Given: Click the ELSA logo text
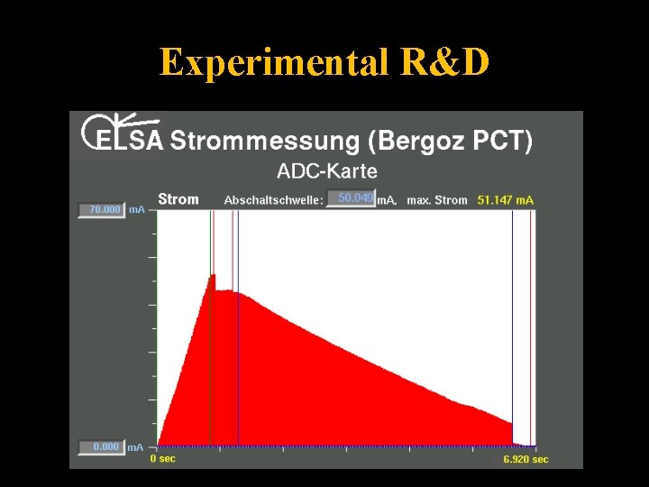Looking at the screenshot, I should click(129, 140).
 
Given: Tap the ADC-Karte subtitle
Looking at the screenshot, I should click(327, 170).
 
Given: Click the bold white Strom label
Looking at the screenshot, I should click(178, 198).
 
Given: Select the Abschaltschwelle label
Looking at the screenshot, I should click(273, 199).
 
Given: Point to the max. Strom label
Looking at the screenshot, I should click(437, 199).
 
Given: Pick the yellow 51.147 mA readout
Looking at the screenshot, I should click(506, 199).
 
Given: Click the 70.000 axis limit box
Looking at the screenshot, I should click(101, 209).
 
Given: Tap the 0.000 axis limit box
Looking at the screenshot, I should click(101, 446).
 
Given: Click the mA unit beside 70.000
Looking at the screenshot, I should click(136, 209).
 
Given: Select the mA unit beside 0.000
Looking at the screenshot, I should click(135, 446).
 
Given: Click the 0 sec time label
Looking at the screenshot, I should click(163, 459).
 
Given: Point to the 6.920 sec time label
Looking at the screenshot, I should click(526, 459).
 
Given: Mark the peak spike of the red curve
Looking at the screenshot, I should click(214, 275).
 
